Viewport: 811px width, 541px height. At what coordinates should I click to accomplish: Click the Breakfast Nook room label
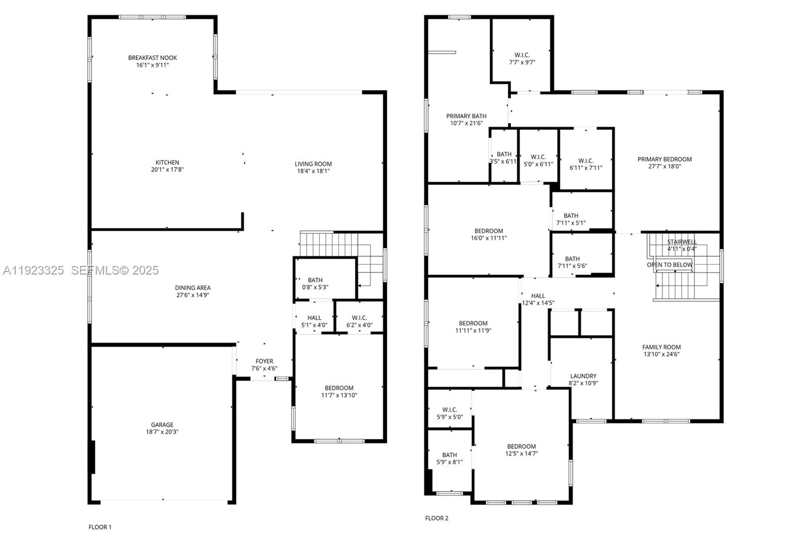pyautogui.click(x=153, y=58)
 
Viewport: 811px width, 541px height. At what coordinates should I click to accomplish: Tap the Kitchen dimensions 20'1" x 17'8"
pyautogui.click(x=167, y=170)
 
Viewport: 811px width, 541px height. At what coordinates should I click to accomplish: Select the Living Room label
pyautogui.click(x=313, y=164)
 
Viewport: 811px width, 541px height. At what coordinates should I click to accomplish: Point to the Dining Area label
pyautogui.click(x=193, y=288)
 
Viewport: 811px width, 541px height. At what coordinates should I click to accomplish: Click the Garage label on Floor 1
pyautogui.click(x=162, y=425)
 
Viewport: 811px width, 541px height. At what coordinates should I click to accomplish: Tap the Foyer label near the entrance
pyautogui.click(x=264, y=361)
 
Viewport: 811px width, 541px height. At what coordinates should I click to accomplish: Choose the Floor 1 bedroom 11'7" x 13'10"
pyautogui.click(x=339, y=391)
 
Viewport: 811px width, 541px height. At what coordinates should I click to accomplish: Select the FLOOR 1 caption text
pyautogui.click(x=100, y=527)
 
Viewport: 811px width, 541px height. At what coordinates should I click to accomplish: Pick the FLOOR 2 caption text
pyautogui.click(x=436, y=518)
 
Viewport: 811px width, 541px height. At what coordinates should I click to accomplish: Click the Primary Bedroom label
pyautogui.click(x=665, y=159)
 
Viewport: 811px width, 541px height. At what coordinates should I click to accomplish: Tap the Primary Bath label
pyautogui.click(x=466, y=116)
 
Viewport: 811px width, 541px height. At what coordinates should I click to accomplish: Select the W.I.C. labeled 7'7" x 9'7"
pyautogui.click(x=522, y=59)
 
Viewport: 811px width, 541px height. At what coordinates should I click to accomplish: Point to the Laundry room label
pyautogui.click(x=583, y=376)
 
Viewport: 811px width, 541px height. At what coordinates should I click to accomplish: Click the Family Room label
pyautogui.click(x=661, y=347)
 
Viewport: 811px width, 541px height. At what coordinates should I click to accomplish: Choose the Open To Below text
pyautogui.click(x=669, y=265)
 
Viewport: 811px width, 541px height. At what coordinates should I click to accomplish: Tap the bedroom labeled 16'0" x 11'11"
pyautogui.click(x=489, y=234)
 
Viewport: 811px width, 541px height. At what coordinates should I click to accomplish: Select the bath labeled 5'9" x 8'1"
pyautogui.click(x=450, y=459)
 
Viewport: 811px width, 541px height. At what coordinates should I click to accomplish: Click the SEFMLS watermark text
pyautogui.click(x=115, y=270)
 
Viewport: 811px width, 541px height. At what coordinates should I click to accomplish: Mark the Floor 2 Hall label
pyautogui.click(x=538, y=296)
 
